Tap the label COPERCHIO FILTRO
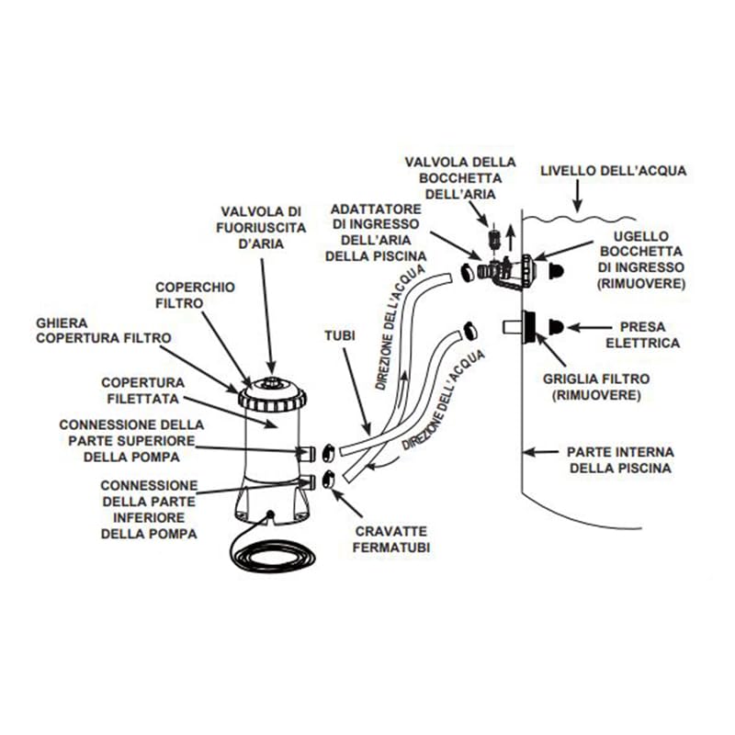coord(195,295)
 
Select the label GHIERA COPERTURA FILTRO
coord(104,331)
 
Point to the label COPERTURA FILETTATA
coord(142,390)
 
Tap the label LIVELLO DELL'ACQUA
coord(613,171)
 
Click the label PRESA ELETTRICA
coord(650,335)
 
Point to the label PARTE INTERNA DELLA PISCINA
coord(620,459)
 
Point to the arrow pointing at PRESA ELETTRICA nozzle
coord(584,326)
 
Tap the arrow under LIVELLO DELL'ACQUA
coord(576,196)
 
